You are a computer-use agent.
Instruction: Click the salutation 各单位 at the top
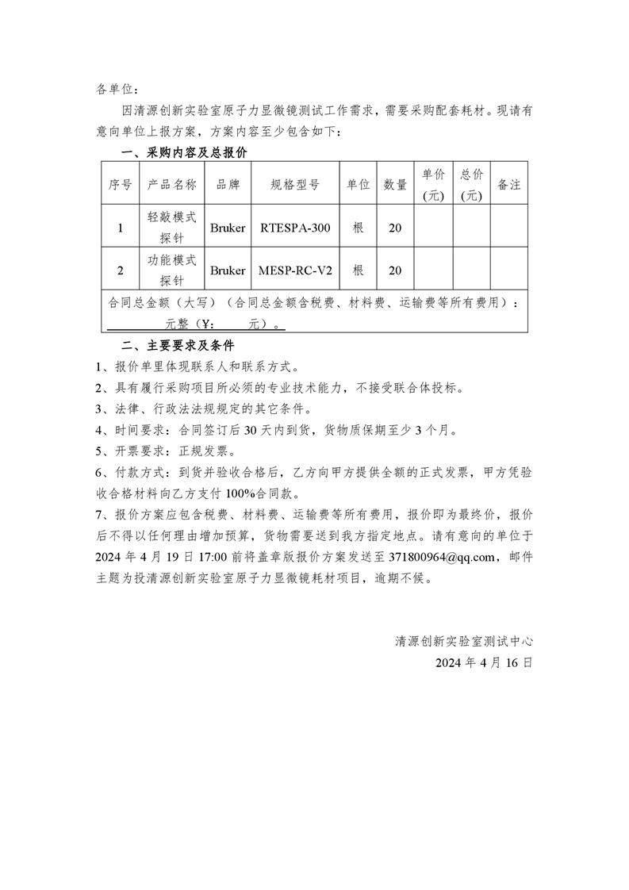[x=117, y=89]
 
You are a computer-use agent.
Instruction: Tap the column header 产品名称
[x=171, y=184]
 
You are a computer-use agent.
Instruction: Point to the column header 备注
[x=508, y=184]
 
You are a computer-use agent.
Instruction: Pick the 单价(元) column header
[x=433, y=184]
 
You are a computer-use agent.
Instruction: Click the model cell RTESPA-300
[x=294, y=228]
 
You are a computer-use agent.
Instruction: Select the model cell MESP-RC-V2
[x=294, y=270]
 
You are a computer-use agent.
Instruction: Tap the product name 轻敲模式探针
[x=171, y=228]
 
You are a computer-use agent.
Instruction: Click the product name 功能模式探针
[x=171, y=270]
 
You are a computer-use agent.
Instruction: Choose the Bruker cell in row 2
[x=228, y=270]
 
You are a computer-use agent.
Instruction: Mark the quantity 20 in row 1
[x=395, y=228]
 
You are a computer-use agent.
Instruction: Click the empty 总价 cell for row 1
[x=471, y=228]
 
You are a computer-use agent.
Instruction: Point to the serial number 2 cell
[x=121, y=270]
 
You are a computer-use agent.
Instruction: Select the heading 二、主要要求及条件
[x=177, y=347]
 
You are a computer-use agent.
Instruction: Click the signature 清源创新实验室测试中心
[x=464, y=641]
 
